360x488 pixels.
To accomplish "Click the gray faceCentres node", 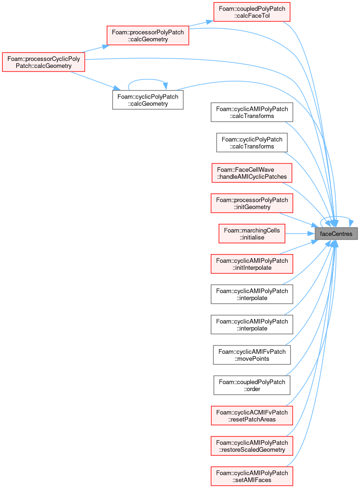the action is pyautogui.click(x=336, y=234).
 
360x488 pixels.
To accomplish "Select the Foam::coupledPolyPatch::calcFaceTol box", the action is pyautogui.click(x=252, y=12).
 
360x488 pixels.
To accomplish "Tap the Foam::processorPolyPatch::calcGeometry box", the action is pyautogui.click(x=148, y=35).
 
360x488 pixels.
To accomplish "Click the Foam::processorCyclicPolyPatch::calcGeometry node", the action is pyautogui.click(x=44, y=62).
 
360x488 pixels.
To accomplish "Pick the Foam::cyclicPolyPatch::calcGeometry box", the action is pyautogui.click(x=148, y=100).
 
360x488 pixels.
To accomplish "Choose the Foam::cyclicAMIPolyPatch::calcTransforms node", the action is pyautogui.click(x=252, y=112).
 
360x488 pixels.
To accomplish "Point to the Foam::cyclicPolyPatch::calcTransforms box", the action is pyautogui.click(x=252, y=143).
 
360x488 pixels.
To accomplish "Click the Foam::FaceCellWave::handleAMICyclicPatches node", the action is pyautogui.click(x=252, y=173).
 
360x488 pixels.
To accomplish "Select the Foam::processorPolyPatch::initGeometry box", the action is pyautogui.click(x=252, y=203).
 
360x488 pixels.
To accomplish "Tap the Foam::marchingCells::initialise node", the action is pyautogui.click(x=252, y=234).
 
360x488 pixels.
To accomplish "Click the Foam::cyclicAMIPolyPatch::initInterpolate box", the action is pyautogui.click(x=252, y=264).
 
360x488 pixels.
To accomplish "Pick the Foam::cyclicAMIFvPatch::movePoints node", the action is pyautogui.click(x=252, y=355).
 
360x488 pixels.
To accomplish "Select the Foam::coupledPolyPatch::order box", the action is pyautogui.click(x=252, y=385).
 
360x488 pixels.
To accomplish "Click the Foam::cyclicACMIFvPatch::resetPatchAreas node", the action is pyautogui.click(x=252, y=416).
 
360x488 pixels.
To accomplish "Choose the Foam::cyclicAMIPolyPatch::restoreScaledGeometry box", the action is pyautogui.click(x=252, y=446).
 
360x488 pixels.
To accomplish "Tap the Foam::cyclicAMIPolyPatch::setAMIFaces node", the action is pyautogui.click(x=252, y=476).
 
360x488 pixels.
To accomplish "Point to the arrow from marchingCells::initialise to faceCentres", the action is pyautogui.click(x=300, y=234).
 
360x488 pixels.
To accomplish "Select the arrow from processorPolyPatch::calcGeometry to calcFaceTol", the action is pyautogui.click(x=201, y=23).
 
